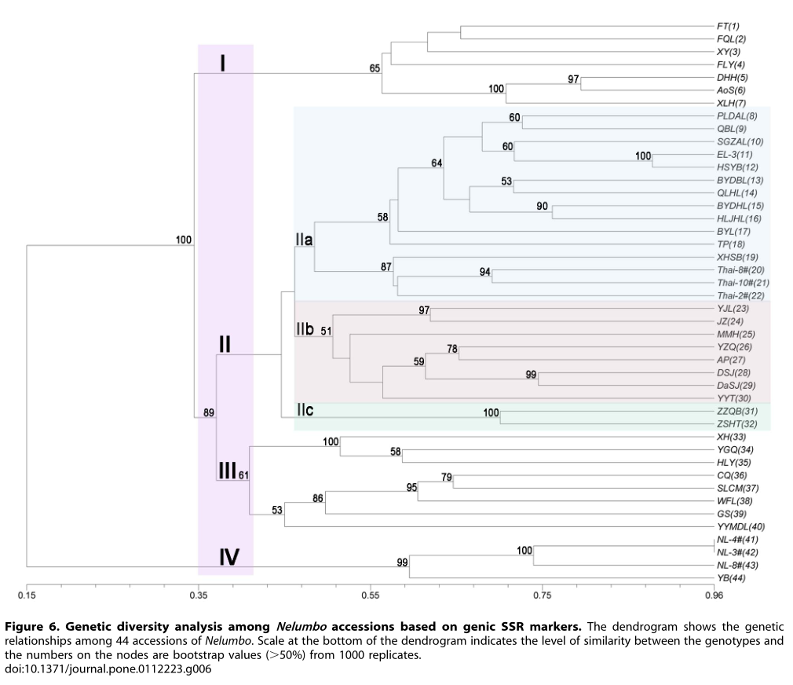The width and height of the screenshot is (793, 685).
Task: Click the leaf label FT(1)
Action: point(729,26)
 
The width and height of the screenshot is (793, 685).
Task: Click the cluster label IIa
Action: point(305,240)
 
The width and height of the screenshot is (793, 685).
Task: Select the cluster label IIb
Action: point(305,329)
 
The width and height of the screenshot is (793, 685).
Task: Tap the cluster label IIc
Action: point(305,410)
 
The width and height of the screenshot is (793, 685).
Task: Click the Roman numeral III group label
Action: point(227,471)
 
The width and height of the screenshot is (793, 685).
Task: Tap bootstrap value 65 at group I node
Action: point(375,68)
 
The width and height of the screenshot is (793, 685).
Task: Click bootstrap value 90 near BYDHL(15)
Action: point(542,206)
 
